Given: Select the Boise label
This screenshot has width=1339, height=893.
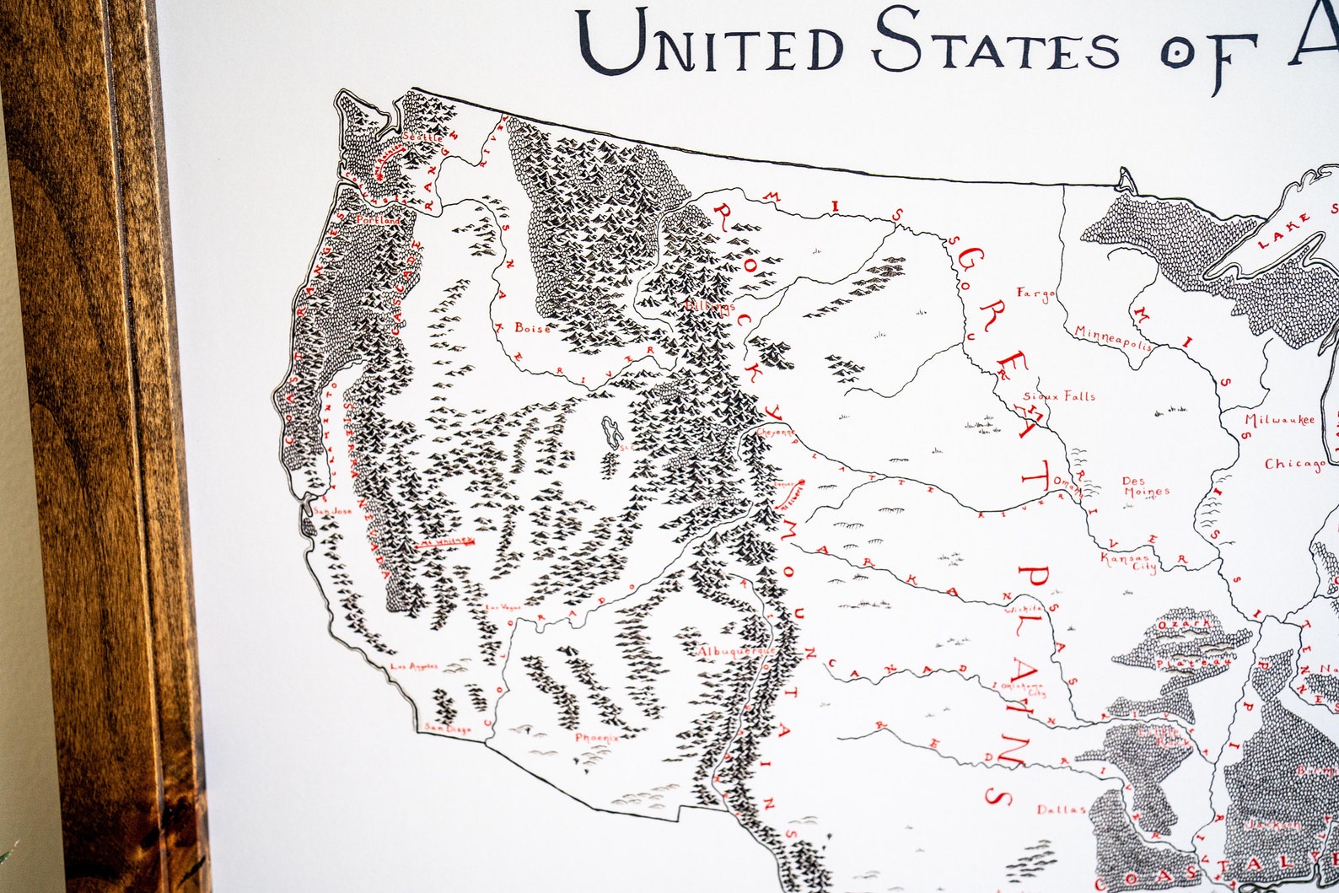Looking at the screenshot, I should tap(532, 328).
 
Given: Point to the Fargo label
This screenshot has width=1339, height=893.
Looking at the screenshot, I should tap(1035, 293).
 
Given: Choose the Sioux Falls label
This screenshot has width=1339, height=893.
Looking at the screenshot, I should tap(1059, 395).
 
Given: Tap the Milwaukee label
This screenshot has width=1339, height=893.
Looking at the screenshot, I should tap(1279, 420).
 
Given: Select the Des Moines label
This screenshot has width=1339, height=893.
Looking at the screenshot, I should tap(1145, 487).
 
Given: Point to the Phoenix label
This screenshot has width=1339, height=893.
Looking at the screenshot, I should tap(597, 738).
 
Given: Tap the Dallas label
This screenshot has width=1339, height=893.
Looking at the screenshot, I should tap(1061, 810).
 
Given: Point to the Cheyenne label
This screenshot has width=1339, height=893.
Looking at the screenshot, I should tap(776, 431).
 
